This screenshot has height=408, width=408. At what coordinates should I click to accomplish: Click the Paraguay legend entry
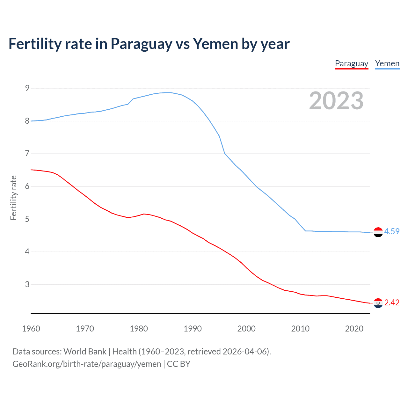[351, 63]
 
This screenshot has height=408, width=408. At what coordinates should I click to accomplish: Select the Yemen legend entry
[387, 63]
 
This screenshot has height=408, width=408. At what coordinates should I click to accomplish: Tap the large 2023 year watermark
[336, 101]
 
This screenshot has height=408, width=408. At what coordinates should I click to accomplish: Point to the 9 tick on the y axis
[27, 88]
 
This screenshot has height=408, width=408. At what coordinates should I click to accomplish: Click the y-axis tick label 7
[27, 154]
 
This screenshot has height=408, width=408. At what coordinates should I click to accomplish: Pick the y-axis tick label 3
[27, 284]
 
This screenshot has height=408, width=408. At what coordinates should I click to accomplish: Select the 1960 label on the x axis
[31, 329]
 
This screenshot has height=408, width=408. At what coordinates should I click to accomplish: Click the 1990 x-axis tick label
[193, 329]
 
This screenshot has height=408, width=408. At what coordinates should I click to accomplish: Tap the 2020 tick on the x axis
[354, 329]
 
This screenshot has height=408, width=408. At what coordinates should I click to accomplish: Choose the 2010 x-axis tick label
[300, 329]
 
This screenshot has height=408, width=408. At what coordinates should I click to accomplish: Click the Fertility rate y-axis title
[13, 198]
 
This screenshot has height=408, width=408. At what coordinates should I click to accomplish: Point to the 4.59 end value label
[392, 231]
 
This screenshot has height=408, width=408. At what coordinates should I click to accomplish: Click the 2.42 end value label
[392, 302]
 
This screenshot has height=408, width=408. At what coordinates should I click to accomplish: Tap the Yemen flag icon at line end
[378, 232]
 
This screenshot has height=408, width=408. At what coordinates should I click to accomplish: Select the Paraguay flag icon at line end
[378, 303]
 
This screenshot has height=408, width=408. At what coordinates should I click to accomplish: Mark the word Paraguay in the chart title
[141, 44]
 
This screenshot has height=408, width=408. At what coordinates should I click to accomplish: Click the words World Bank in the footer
[85, 351]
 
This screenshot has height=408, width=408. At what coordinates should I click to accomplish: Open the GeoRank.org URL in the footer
[87, 364]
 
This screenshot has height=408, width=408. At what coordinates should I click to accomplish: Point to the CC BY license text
[178, 364]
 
